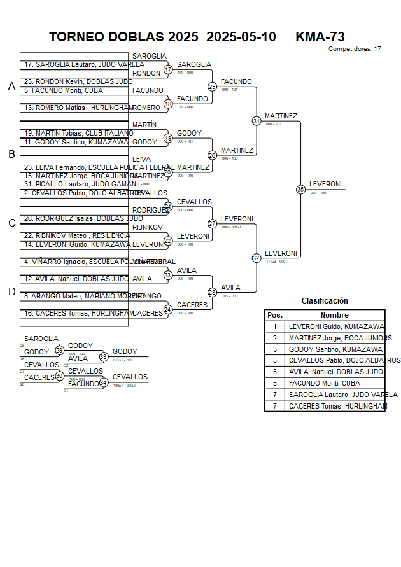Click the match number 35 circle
coord(300,189)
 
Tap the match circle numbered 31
coord(257,121)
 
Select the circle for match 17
coord(168,69)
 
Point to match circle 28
coord(213,292)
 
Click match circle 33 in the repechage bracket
coord(104,356)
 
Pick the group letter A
coord(11,87)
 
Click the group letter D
coord(11,292)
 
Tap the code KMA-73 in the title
coord(320,37)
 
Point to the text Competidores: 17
coord(355,49)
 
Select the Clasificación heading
coord(325,301)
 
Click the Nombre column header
coord(334,315)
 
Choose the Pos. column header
coord(275,315)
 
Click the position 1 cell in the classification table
coord(275,326)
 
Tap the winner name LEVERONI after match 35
coord(325,185)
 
